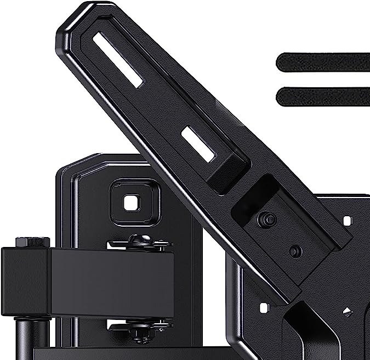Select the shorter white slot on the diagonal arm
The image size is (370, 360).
click(x=198, y=144)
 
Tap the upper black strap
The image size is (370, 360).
click(x=323, y=61)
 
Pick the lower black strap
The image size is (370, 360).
click(x=323, y=97)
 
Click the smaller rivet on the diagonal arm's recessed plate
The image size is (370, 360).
click(x=295, y=252)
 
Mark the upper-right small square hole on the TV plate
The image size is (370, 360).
click(x=346, y=221)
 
